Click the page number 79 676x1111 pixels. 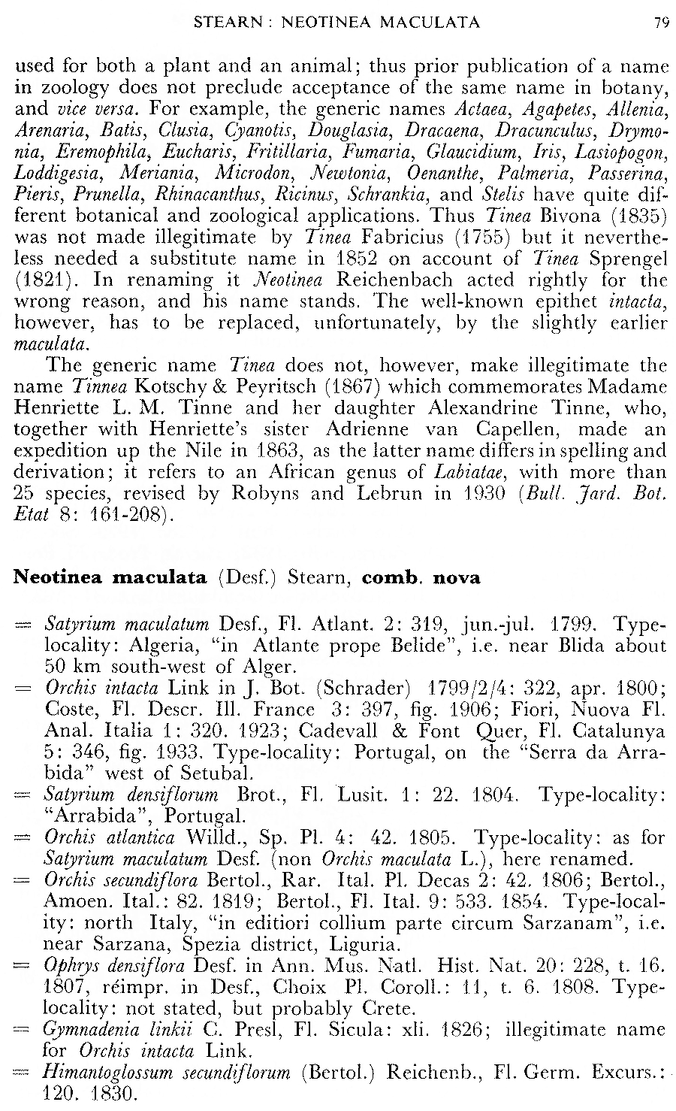coord(661,23)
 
